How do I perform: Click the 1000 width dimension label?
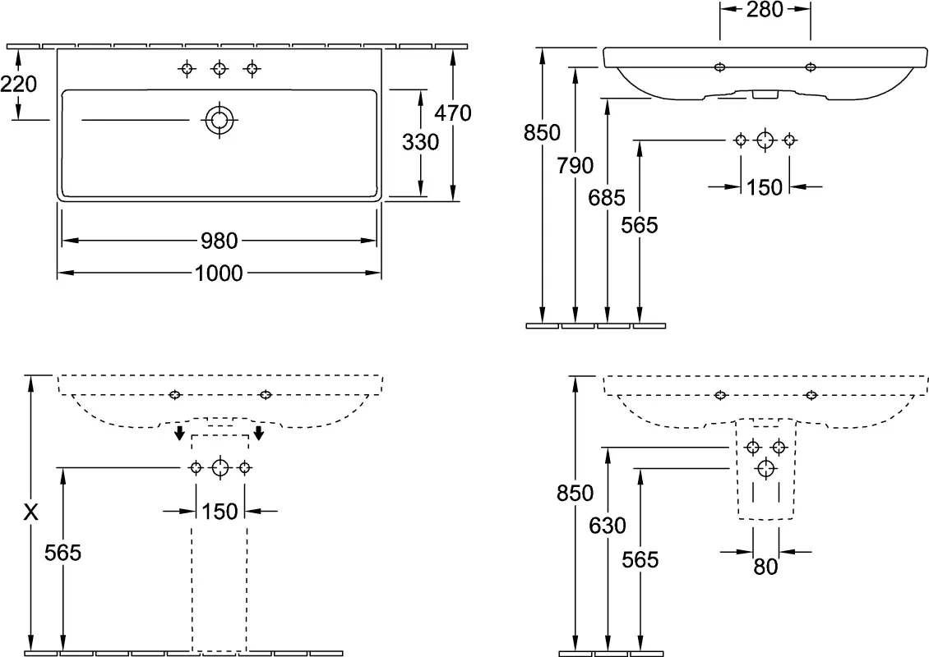(219, 273)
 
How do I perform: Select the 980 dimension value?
(220, 241)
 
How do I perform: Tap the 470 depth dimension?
(453, 113)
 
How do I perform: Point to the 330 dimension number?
(421, 142)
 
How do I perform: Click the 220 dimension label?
(18, 84)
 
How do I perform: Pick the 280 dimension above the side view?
(765, 10)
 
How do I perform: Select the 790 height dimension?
(575, 166)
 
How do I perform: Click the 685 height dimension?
(607, 198)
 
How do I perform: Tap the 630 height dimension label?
(608, 526)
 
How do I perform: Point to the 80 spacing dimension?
(765, 567)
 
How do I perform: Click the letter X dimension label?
(30, 512)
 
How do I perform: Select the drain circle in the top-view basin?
(220, 120)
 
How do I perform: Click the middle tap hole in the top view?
(220, 69)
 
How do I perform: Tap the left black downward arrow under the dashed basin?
(178, 433)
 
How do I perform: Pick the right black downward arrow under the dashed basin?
(258, 433)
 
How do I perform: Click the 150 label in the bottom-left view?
(220, 512)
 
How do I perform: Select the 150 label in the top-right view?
(765, 187)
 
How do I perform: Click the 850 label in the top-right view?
(542, 132)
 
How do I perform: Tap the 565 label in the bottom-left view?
(62, 553)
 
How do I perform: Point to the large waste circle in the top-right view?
(765, 140)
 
